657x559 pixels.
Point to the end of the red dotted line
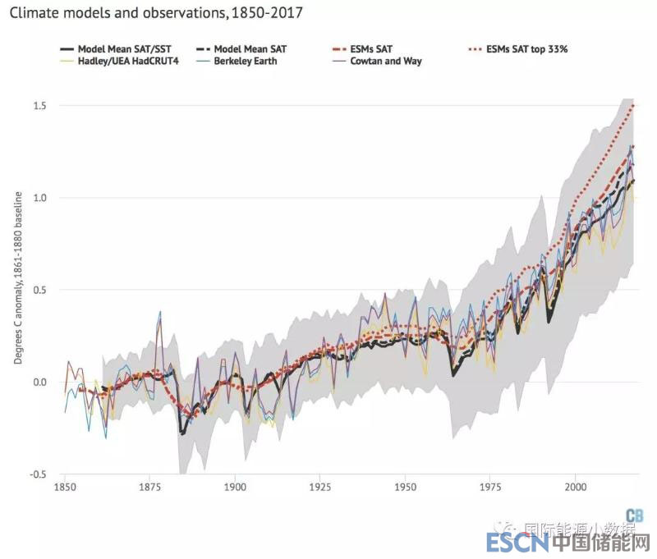click(633, 105)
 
